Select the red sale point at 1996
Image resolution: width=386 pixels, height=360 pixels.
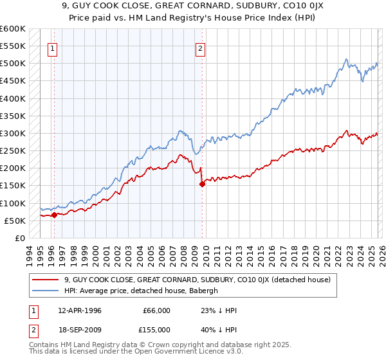(x=54, y=215)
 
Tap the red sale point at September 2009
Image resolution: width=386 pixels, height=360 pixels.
(x=203, y=184)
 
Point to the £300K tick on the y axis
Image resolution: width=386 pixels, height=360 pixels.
(x=13, y=133)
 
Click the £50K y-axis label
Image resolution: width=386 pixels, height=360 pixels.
(x=14, y=221)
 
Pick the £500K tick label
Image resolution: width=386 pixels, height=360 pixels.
(x=13, y=64)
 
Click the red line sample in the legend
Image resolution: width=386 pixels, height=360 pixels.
(x=46, y=280)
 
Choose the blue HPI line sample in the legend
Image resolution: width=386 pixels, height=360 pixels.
(x=46, y=291)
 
